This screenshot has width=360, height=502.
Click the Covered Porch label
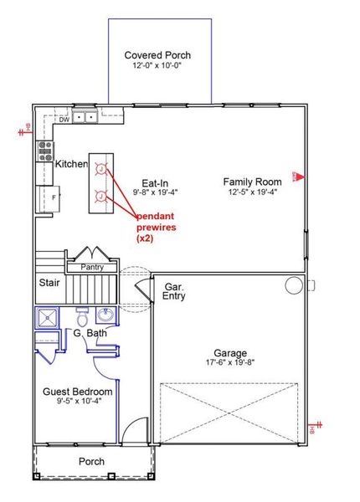coord(157,55)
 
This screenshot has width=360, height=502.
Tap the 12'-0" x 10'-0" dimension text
coord(157,65)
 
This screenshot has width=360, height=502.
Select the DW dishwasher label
coord(64,120)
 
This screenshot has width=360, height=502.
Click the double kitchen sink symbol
coord(84,118)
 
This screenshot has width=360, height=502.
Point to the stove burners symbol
coord(45,151)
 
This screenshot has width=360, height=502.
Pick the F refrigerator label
coord(54,198)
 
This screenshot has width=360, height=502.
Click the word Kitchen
coord(71,164)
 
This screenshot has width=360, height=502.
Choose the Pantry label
coord(92,267)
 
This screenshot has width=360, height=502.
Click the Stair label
coord(49,283)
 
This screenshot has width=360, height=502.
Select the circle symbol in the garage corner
coord(293,285)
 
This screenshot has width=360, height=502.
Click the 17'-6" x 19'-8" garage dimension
coord(229,362)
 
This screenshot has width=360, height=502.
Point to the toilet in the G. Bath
coord(82,318)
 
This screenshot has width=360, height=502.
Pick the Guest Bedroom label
coord(77,391)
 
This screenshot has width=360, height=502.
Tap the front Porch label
coord(91,461)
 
